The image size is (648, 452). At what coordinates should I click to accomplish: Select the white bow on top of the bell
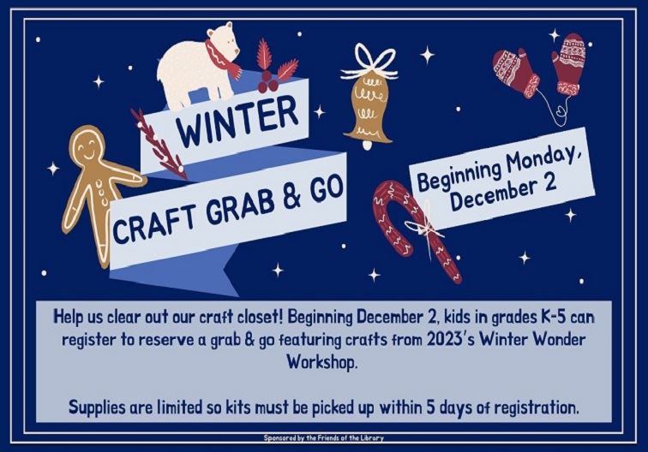369,62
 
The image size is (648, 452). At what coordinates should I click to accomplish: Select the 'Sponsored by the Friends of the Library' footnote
323,437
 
